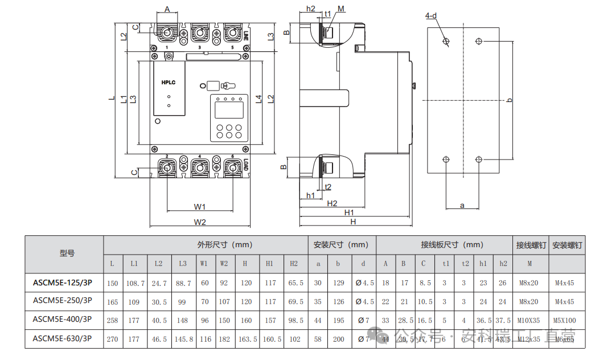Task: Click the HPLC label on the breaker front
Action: (168, 83)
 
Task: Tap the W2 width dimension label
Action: (199, 222)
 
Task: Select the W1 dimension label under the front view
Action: (199, 206)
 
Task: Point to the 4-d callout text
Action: (431, 15)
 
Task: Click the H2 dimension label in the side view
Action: (332, 203)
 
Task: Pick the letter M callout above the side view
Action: (341, 9)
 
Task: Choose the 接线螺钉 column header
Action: (531, 245)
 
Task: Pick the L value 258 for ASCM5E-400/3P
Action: (112, 321)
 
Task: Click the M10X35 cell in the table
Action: (531, 321)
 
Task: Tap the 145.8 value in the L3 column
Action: (182, 339)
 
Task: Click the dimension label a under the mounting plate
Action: (462, 205)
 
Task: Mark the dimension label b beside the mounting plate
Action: (509, 100)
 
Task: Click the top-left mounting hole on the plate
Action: (446, 41)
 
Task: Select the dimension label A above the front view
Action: (167, 9)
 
